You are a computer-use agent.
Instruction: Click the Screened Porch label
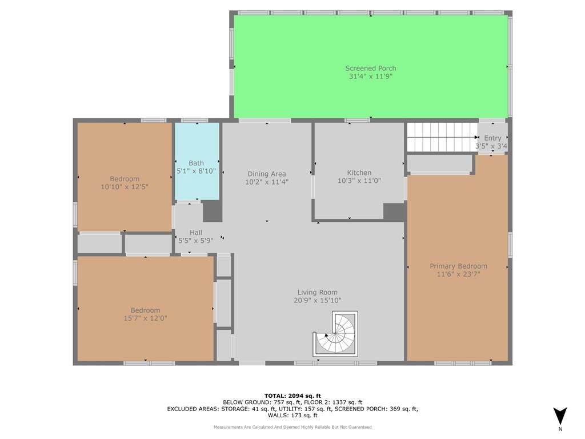370,69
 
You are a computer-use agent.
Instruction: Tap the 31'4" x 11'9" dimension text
370,77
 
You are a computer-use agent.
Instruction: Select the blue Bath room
197,161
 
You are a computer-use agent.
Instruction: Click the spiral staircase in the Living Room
335,334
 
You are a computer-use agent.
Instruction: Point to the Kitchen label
359,173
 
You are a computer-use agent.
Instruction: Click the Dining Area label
267,174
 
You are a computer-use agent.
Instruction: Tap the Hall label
196,233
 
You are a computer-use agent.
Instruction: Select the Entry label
492,138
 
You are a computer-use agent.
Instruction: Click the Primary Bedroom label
459,266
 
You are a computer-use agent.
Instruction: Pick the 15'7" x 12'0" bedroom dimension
146,318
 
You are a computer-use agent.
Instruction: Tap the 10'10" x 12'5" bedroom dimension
125,187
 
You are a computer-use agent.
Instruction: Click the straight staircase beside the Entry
443,137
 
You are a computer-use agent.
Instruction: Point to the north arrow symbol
560,416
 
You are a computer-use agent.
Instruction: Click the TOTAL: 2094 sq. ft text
292,396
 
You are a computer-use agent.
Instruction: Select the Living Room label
318,292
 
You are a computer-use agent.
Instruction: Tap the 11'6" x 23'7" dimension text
459,274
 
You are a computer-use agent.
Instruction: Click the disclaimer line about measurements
292,427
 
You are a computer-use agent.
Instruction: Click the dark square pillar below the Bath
213,211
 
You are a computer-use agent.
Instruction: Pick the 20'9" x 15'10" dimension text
318,301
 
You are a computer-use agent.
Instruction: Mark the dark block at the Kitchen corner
394,211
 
